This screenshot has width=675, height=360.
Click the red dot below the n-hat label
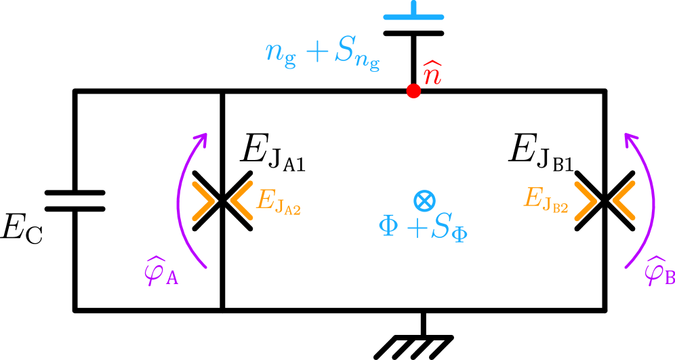[413, 91]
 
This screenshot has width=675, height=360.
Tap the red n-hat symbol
[432, 74]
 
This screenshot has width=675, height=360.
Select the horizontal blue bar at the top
[413, 17]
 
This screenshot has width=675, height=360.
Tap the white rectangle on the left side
[73, 201]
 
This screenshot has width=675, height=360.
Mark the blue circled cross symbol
[424, 200]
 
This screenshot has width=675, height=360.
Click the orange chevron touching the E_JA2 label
[241, 201]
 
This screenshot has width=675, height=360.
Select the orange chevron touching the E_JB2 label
[586, 201]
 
